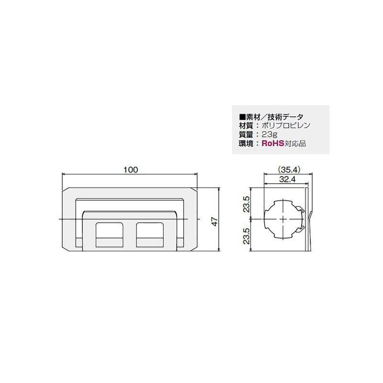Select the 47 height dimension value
pyautogui.click(x=214, y=221)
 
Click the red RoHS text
pyautogui.click(x=271, y=143)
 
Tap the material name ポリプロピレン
pyautogui.click(x=285, y=125)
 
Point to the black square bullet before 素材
pyautogui.click(x=242, y=117)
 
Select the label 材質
pyautogui.click(x=245, y=125)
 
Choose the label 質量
pyautogui.click(x=245, y=134)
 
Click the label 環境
pyautogui.click(x=245, y=143)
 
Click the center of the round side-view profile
pyautogui.click(x=283, y=219)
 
